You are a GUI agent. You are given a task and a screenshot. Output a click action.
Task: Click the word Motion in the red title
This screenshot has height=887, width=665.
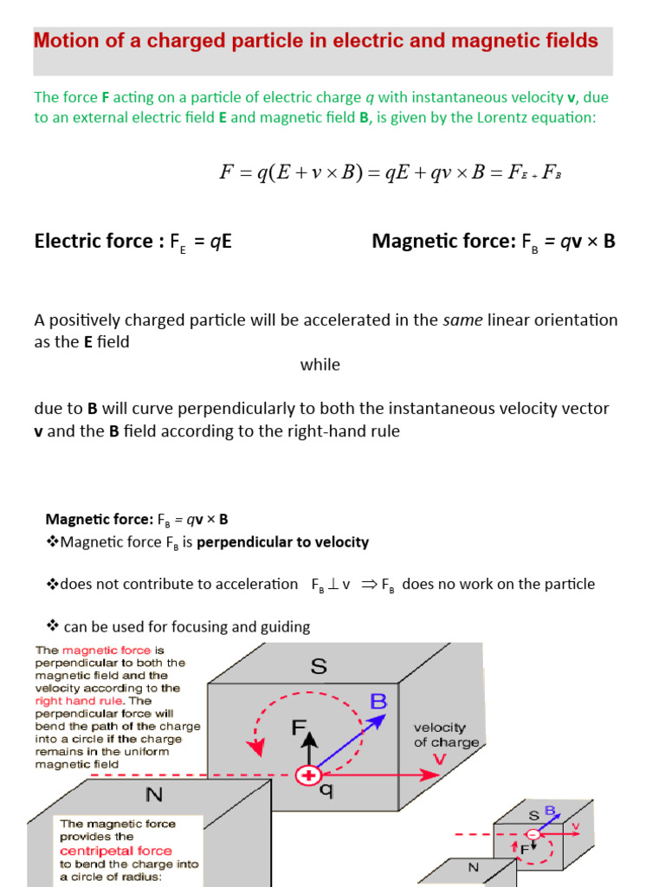point(64,41)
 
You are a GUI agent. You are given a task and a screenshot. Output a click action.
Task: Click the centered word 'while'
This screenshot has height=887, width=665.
point(320,365)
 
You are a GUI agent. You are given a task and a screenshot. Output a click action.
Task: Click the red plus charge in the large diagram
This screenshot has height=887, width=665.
point(307,775)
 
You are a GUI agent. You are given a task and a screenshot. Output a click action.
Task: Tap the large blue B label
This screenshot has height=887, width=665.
point(379,701)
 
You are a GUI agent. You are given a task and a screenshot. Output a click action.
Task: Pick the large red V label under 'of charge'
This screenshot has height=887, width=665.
point(440,759)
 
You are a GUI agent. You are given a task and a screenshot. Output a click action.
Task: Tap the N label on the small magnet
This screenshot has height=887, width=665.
point(474,867)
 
